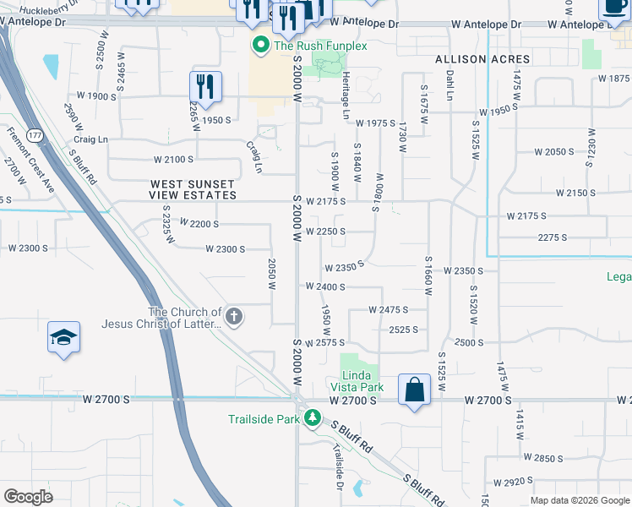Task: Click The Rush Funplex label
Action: pos(320,46)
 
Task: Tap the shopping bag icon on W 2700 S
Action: pos(414,390)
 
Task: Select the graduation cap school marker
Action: pos(64,338)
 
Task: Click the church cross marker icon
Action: pos(234,318)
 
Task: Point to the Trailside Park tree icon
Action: pos(312,418)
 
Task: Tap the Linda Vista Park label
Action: pos(362,381)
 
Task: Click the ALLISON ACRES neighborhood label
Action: pos(482,59)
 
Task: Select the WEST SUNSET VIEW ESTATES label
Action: pos(193,189)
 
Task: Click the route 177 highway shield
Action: pos(35,135)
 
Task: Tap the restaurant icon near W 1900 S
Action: pos(204,85)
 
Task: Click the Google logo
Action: pos(28,496)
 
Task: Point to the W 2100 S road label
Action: pos(173,159)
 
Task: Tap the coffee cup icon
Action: pos(612,8)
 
